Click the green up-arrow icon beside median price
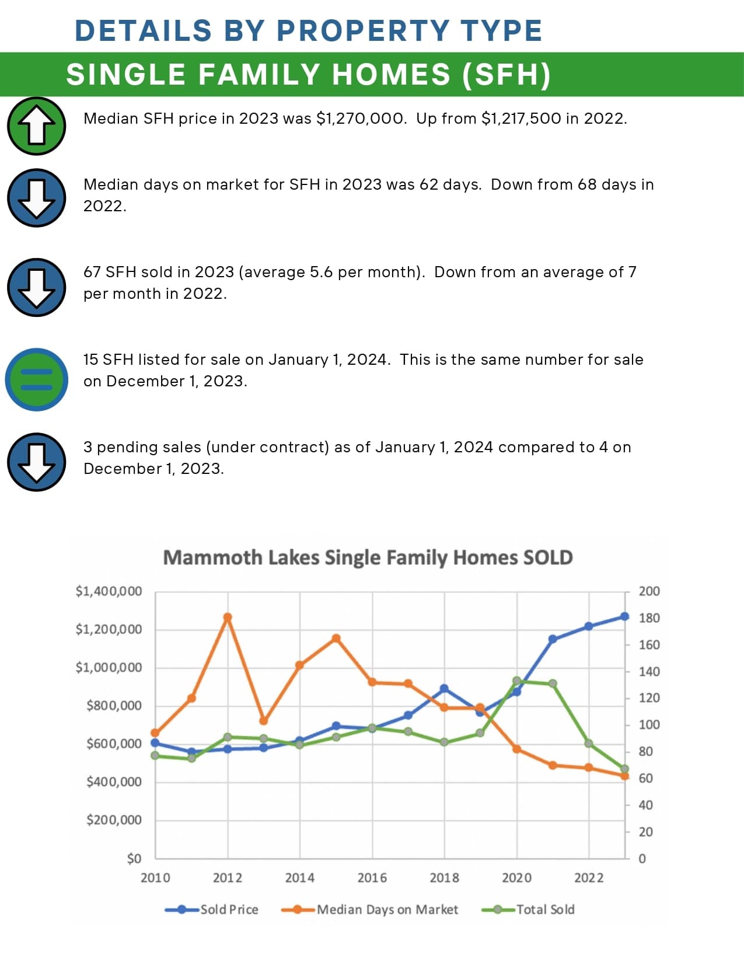(36, 126)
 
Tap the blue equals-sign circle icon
(36, 379)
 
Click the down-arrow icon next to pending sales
(36, 462)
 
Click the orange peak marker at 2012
(228, 617)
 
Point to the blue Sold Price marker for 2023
(624, 616)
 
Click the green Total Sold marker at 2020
(516, 681)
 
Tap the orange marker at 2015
(336, 638)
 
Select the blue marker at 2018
(444, 689)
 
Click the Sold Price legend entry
(212, 909)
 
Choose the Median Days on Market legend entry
(370, 909)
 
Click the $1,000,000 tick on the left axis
(109, 668)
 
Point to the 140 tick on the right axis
(649, 672)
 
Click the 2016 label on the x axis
(372, 878)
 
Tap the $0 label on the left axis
(134, 859)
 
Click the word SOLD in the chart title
(547, 557)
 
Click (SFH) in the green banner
(506, 75)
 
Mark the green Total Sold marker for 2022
(589, 744)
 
